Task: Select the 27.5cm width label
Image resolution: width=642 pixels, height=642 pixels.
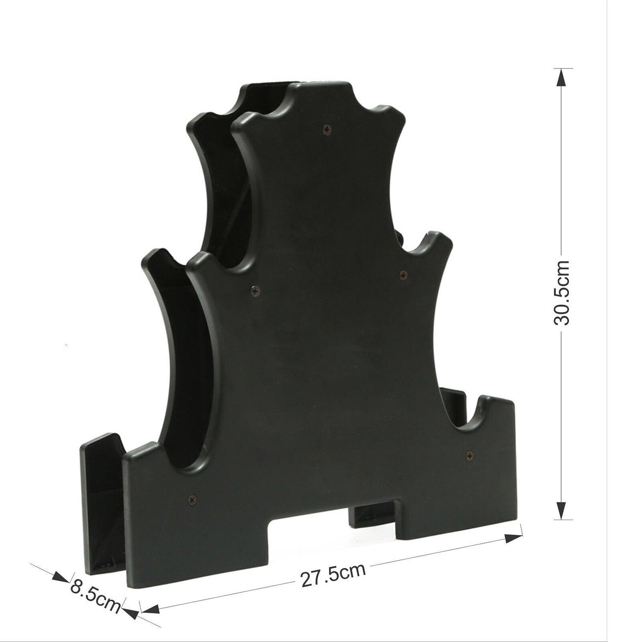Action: point(333,575)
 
